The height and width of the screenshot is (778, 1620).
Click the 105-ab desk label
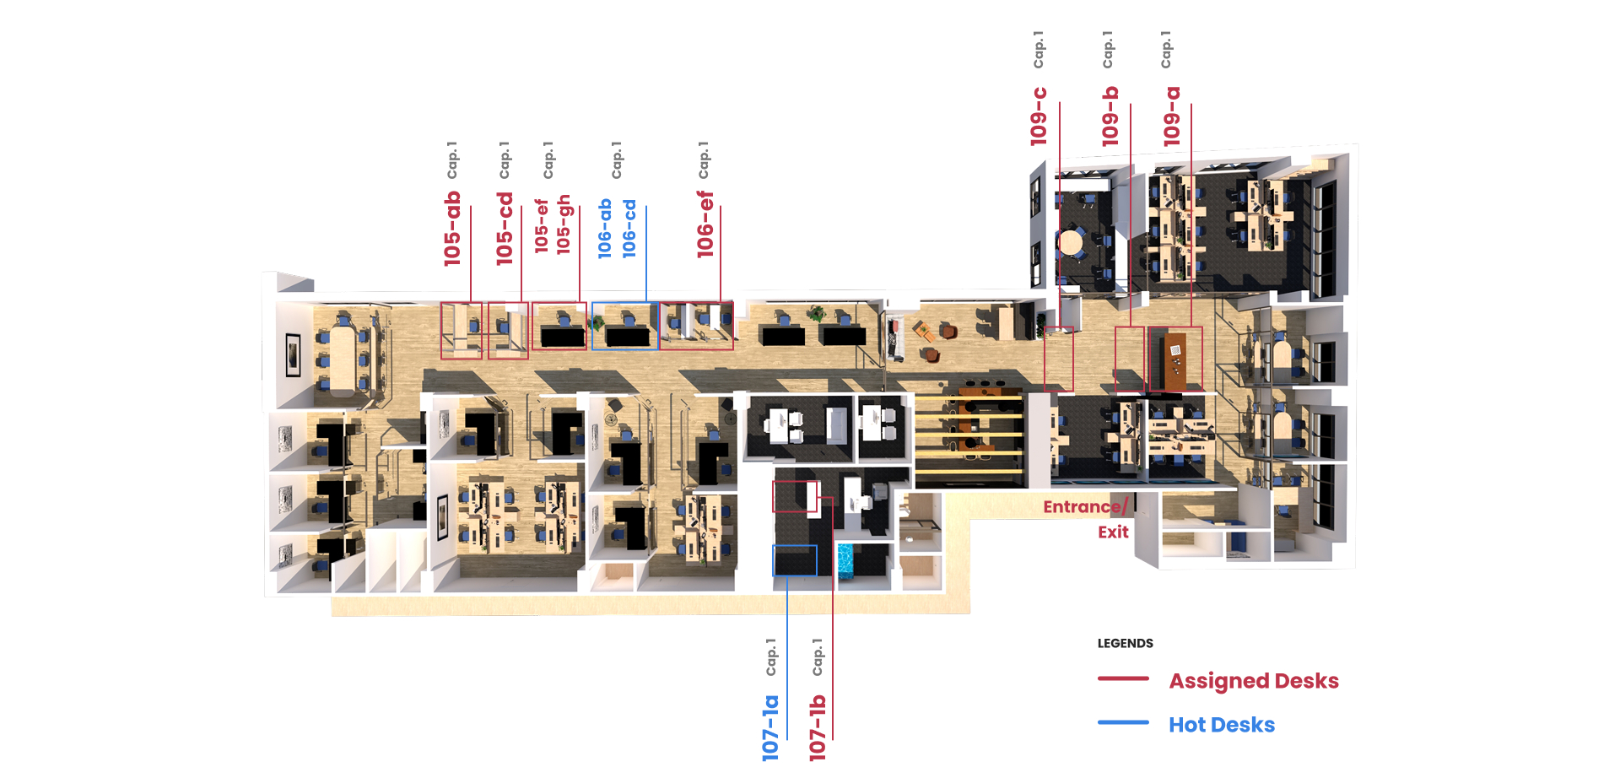[453, 229]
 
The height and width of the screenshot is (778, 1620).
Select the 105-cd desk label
[505, 229]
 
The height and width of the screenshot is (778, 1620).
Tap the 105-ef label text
[542, 226]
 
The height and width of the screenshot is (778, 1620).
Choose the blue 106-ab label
[605, 229]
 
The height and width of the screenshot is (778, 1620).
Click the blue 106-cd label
[629, 229]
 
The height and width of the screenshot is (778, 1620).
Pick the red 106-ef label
[705, 224]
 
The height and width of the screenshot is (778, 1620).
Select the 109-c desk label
[1039, 116]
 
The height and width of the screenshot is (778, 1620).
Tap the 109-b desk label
[1110, 116]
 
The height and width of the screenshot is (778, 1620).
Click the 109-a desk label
[1172, 116]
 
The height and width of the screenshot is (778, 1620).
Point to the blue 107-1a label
[770, 728]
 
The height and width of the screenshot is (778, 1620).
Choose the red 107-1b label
[818, 728]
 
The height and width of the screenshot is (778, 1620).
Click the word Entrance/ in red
[1085, 506]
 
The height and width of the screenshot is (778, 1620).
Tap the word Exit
[1113, 532]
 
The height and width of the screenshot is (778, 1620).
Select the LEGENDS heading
[1125, 643]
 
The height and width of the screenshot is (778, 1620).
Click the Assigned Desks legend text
[1253, 681]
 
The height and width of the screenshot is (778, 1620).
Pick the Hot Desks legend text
[1221, 725]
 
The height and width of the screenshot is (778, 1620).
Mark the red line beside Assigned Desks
[1123, 678]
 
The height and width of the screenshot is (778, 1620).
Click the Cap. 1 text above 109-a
[1166, 50]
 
